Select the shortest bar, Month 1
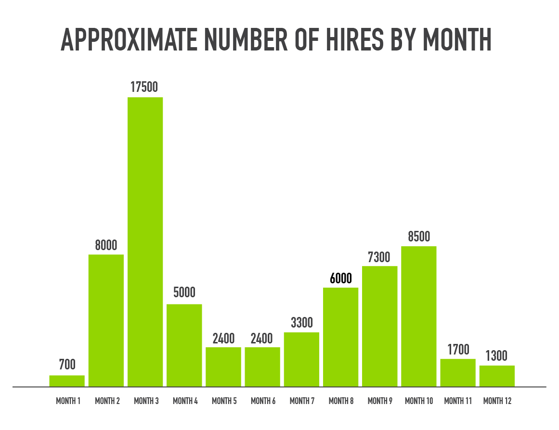67,380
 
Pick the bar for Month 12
497,376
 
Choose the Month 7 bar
301,359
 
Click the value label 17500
145,87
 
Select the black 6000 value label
340,278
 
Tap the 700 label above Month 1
67,365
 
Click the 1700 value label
457,349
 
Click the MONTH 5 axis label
223,401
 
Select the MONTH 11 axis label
458,401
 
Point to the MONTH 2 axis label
107,401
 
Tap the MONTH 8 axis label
341,401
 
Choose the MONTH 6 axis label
263,401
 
